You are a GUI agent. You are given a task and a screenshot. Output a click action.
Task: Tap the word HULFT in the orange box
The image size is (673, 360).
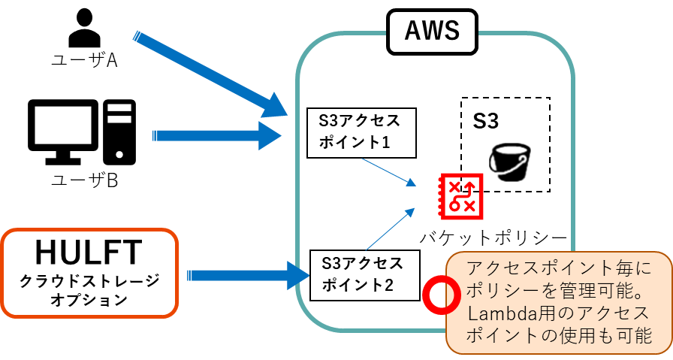(x=89, y=252)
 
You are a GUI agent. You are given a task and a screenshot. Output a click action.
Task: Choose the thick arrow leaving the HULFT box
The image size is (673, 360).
(x=248, y=275)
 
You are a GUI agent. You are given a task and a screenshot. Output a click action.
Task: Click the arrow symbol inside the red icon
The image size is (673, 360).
(x=468, y=186)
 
